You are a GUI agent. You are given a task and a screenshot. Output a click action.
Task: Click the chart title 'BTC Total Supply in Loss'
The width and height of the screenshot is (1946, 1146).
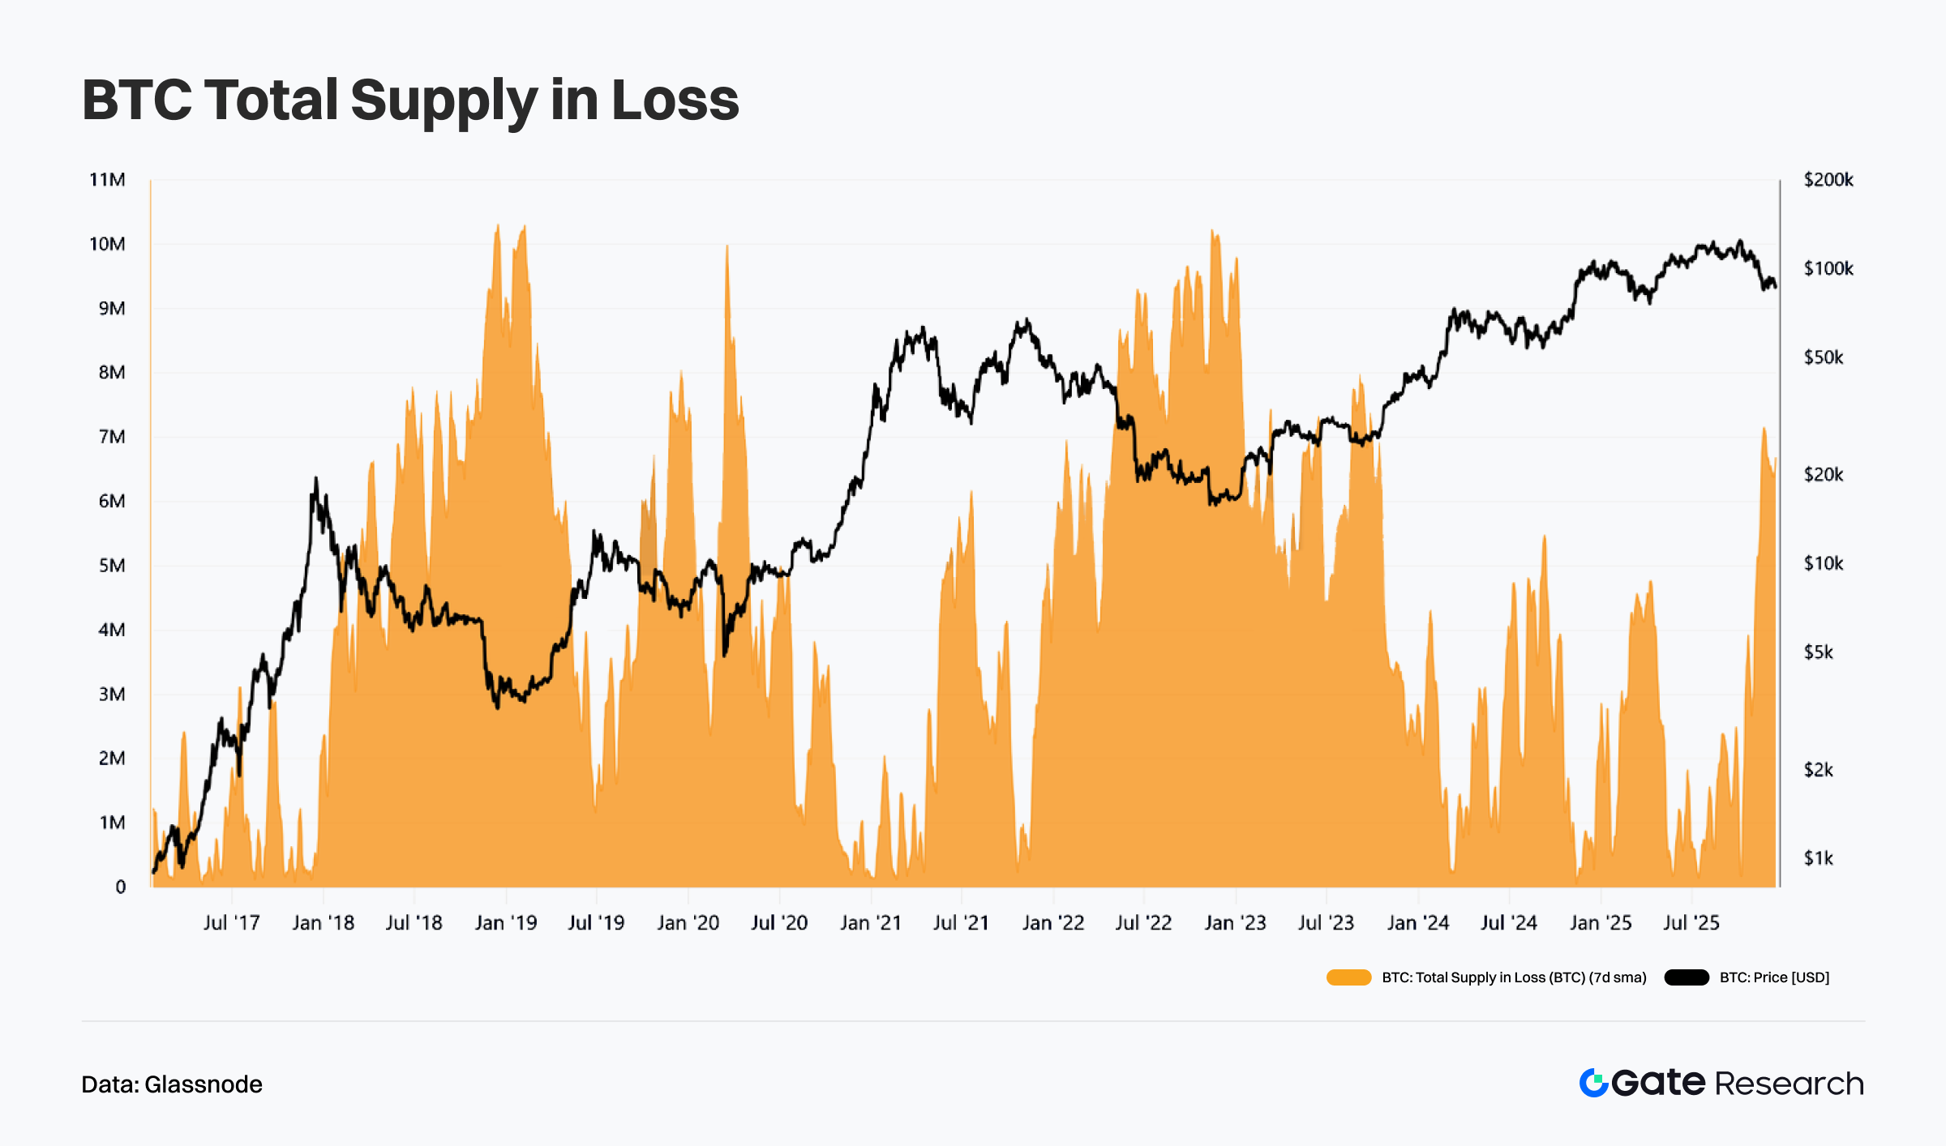point(410,100)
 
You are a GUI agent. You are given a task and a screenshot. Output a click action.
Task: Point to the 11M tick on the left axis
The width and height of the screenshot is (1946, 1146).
point(107,180)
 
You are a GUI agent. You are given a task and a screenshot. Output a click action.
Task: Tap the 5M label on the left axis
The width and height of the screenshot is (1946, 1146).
point(112,566)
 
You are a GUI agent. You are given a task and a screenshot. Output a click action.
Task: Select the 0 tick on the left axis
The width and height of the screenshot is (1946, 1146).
point(120,887)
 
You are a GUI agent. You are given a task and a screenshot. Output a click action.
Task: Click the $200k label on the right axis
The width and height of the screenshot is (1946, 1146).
point(1828,180)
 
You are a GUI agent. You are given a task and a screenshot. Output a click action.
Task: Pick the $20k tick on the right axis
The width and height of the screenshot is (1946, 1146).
point(1824,474)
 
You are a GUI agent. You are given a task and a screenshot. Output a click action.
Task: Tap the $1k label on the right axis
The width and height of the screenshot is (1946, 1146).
point(1819,858)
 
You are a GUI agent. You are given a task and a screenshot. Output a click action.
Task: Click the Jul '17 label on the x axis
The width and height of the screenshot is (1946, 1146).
point(231,922)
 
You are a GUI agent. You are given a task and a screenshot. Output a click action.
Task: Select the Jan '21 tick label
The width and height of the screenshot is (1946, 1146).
point(871,922)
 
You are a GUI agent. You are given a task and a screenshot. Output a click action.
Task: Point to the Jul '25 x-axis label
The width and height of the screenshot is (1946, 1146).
point(1691,922)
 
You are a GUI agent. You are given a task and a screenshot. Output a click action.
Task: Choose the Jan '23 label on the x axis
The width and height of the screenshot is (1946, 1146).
point(1235,922)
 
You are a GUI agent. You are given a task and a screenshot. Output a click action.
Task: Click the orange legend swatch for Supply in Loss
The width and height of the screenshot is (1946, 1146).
point(1348,977)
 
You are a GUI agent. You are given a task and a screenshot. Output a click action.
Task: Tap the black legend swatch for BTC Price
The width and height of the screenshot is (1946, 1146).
point(1687,977)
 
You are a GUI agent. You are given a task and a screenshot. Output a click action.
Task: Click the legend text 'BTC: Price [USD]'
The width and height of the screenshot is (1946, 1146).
point(1774,977)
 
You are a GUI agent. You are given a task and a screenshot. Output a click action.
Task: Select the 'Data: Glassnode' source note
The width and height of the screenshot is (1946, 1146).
point(172,1084)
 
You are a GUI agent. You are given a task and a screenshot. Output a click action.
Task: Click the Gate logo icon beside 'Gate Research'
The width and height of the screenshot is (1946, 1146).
point(1593,1083)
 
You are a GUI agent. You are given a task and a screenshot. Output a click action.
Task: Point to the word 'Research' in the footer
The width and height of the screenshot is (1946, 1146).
point(1790,1084)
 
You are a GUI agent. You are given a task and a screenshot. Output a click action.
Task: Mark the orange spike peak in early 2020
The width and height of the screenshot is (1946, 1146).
point(727,246)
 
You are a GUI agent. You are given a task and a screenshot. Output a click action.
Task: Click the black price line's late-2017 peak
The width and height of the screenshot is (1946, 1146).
point(315,479)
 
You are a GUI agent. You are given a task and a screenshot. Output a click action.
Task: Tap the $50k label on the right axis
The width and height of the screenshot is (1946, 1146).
point(1824,357)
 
